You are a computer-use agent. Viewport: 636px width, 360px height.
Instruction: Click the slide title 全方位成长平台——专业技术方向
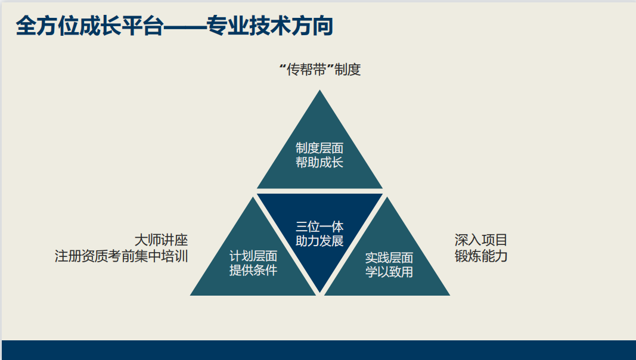[175, 26]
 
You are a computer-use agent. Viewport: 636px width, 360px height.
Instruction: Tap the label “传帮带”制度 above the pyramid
[320, 70]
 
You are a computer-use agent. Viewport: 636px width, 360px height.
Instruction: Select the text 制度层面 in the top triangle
[319, 148]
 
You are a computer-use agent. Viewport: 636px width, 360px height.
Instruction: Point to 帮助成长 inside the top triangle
[319, 162]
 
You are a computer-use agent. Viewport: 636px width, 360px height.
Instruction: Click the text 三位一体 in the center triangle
[319, 226]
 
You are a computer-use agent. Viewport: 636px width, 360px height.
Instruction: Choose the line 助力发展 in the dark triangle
[319, 241]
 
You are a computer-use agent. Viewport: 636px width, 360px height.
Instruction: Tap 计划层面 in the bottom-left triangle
[253, 256]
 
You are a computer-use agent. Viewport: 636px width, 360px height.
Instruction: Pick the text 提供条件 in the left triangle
[253, 270]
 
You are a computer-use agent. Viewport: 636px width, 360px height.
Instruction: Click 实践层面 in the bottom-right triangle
[389, 257]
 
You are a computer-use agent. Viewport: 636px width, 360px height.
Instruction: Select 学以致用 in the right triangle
[389, 272]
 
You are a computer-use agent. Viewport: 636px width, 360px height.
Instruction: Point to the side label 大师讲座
[161, 240]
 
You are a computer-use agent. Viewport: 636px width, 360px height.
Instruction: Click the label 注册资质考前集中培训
[121, 256]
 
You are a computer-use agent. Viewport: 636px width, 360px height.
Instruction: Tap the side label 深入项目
[481, 240]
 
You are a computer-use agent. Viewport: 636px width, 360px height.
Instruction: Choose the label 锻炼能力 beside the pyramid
[481, 256]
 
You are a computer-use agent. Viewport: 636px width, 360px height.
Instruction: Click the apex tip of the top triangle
[319, 90]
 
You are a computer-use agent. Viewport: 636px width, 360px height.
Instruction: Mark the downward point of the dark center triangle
[319, 292]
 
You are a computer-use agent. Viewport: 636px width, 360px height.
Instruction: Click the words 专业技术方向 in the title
[270, 26]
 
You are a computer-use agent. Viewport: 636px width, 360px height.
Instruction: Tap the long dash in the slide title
[185, 27]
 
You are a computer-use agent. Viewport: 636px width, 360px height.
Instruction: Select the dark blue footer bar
[319, 350]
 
